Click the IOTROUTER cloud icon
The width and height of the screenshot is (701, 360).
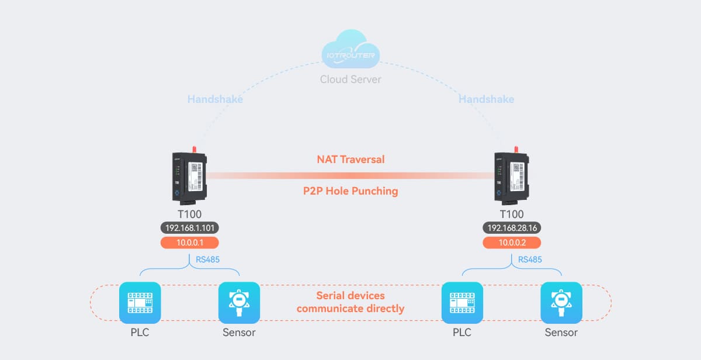[x=350, y=52]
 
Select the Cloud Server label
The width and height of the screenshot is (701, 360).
[x=350, y=79]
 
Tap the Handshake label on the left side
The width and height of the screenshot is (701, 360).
[x=215, y=99]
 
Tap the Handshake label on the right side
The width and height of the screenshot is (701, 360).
[x=486, y=99]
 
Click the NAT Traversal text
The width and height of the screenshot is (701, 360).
[x=350, y=159]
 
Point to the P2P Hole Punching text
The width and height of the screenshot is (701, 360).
[x=350, y=191]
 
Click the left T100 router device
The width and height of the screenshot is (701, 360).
[x=189, y=175]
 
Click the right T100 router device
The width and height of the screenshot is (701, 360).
[x=512, y=175]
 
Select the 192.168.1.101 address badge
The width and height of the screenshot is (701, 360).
[x=189, y=228]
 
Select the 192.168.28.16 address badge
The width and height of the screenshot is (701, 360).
[x=512, y=228]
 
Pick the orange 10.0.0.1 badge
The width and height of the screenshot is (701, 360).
[x=189, y=243]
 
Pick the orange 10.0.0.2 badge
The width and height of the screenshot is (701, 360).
[x=512, y=243]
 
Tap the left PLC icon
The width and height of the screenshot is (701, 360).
[x=140, y=303]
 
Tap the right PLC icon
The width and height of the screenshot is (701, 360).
[x=462, y=303]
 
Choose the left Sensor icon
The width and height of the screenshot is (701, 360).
[x=239, y=303]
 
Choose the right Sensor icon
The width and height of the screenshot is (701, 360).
[x=561, y=303]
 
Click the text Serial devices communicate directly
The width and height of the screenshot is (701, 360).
[x=350, y=302]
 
